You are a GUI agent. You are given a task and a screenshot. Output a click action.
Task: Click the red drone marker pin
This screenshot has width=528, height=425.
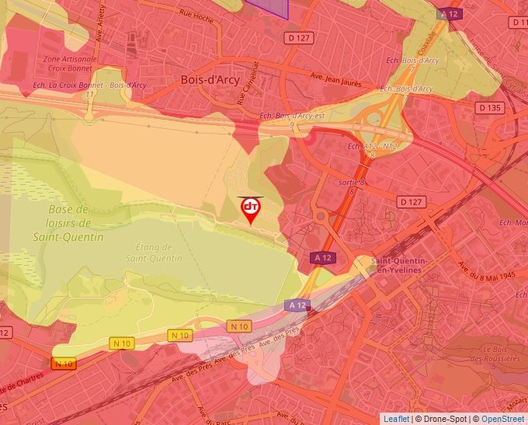[250, 209]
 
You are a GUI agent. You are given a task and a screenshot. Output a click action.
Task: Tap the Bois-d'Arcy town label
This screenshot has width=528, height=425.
[210, 79]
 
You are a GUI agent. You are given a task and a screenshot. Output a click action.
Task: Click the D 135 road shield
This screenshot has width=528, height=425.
[491, 108]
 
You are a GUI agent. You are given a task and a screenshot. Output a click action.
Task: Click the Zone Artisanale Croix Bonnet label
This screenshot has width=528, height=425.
[71, 63]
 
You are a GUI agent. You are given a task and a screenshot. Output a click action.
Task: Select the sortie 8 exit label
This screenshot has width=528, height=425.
[352, 185]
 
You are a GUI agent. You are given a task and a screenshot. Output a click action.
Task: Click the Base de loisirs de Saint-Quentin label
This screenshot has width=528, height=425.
[75, 223]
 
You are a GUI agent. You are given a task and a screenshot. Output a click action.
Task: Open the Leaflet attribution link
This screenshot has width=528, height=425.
[396, 419]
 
